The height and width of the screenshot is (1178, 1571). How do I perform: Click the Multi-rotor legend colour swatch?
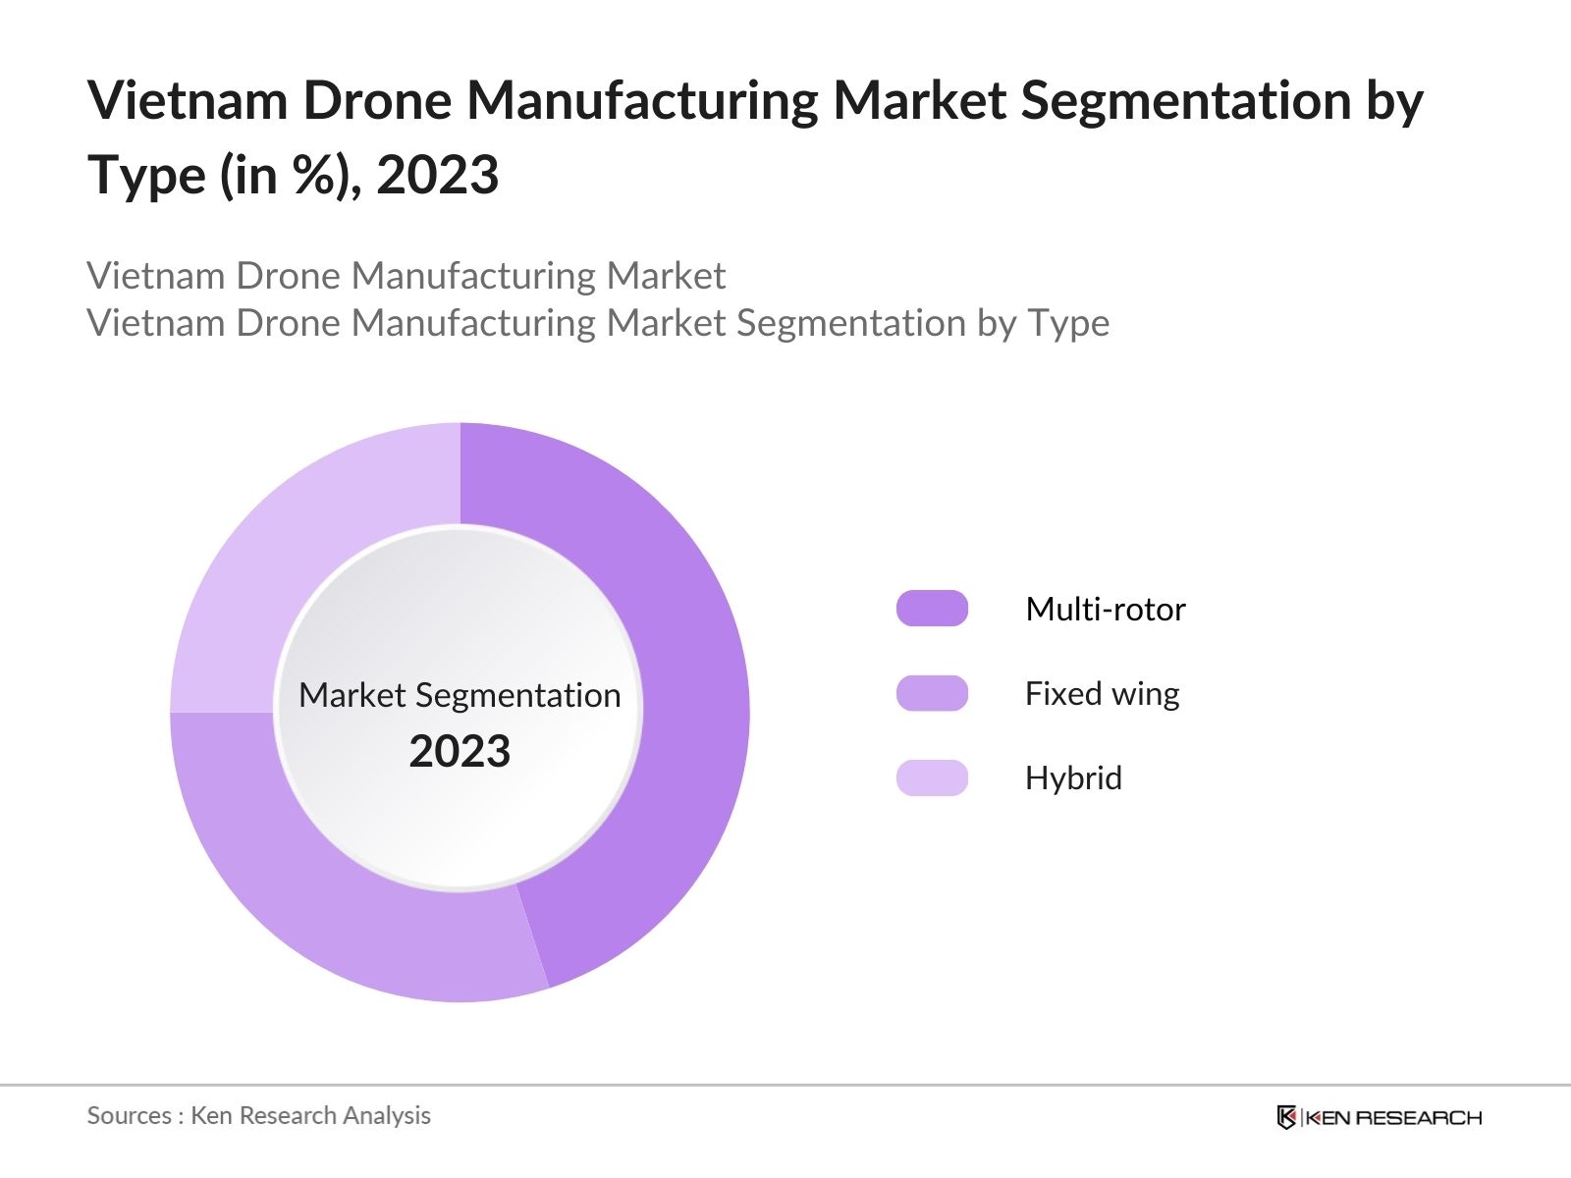coord(932,609)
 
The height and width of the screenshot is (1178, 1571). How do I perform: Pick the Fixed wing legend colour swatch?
coord(932,693)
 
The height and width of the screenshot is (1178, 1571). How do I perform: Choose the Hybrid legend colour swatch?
coord(932,777)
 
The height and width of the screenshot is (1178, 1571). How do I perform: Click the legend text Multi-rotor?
coord(1105,610)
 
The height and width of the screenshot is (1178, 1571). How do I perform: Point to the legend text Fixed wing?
coord(1102,694)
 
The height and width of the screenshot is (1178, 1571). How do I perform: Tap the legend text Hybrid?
coord(1073,778)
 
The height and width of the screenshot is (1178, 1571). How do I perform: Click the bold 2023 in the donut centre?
coord(460,752)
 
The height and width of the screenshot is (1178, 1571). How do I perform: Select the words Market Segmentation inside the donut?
coord(460,695)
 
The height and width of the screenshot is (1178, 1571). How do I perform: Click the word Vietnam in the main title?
coord(187,101)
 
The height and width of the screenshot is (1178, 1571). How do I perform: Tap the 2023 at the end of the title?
coord(437,176)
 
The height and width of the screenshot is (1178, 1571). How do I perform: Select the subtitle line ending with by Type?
coord(598,323)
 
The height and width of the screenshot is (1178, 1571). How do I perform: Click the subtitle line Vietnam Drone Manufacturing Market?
coord(406,276)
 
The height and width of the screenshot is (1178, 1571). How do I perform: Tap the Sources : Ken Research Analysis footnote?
coord(258,1115)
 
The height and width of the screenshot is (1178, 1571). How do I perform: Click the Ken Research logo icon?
coord(1286,1117)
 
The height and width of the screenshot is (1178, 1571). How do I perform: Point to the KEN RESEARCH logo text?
coord(1393,1117)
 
